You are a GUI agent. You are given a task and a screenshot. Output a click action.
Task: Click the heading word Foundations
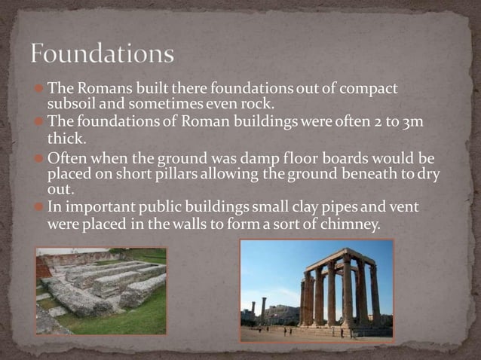click(103, 54)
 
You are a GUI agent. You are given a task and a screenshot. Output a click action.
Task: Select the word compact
click(369, 89)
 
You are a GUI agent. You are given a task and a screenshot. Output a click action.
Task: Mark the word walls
click(187, 224)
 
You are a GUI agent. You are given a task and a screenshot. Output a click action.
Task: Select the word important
click(97, 206)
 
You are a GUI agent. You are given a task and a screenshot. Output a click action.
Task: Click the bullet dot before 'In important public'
click(41, 206)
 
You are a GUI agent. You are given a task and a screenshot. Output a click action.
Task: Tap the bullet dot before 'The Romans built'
click(41, 89)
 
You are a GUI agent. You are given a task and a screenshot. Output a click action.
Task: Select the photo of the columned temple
click(317, 291)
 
